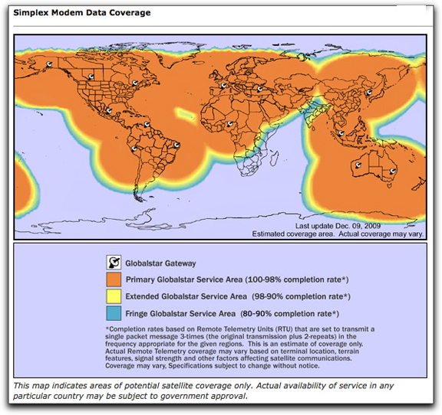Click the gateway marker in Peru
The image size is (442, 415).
pos(134,149)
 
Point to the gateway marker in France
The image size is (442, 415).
pos(223,85)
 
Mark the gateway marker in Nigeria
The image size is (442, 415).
pos(229,123)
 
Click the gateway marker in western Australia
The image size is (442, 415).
pos(357,165)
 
